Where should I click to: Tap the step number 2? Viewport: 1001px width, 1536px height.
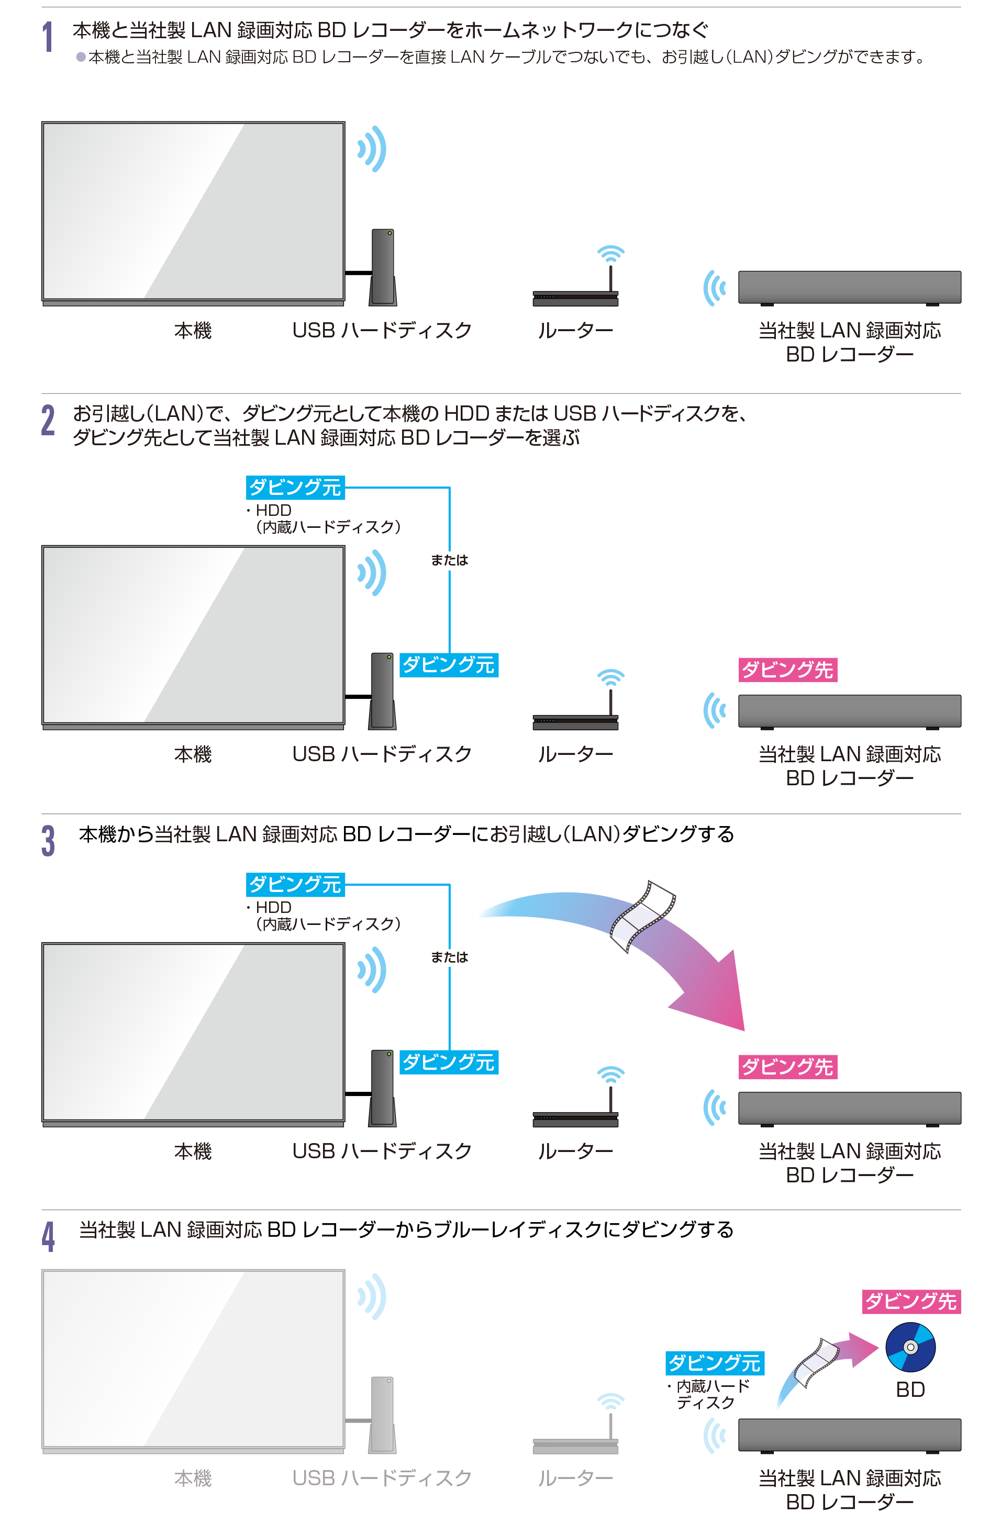pyautogui.click(x=48, y=420)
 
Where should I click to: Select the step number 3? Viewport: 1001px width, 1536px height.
pyautogui.click(x=48, y=840)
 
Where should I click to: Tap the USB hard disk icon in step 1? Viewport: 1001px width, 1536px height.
pyautogui.click(x=382, y=267)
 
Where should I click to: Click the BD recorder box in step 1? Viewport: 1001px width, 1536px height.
pyautogui.click(x=849, y=288)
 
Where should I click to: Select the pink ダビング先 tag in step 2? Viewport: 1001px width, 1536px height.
pyautogui.click(x=787, y=670)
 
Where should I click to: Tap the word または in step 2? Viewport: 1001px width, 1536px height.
pyautogui.click(x=450, y=560)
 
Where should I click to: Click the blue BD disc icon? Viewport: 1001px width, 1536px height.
pyautogui.click(x=910, y=1347)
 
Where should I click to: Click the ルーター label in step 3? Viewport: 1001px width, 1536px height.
pyautogui.click(x=575, y=1151)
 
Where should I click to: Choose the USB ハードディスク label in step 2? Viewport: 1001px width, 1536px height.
pyautogui.click(x=382, y=754)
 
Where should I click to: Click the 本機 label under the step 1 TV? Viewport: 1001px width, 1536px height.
pyautogui.click(x=193, y=331)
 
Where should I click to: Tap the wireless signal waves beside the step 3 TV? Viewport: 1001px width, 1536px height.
pyautogui.click(x=373, y=969)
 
